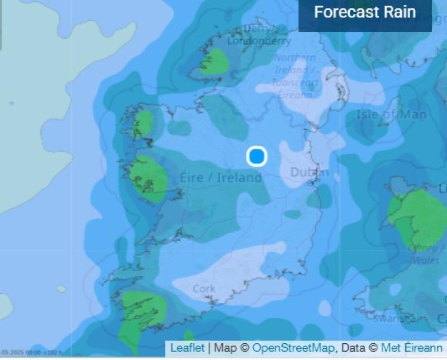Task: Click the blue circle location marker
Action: (256, 156)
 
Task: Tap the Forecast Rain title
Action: (365, 12)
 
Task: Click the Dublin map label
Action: (310, 172)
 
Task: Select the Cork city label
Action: (204, 289)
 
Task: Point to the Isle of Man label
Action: (391, 115)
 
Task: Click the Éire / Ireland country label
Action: (221, 177)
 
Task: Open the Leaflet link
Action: (187, 348)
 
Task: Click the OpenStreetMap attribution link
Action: (293, 348)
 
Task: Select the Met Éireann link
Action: (412, 348)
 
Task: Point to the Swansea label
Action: (395, 319)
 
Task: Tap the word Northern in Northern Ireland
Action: (294, 58)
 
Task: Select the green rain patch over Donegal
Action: (213, 61)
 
